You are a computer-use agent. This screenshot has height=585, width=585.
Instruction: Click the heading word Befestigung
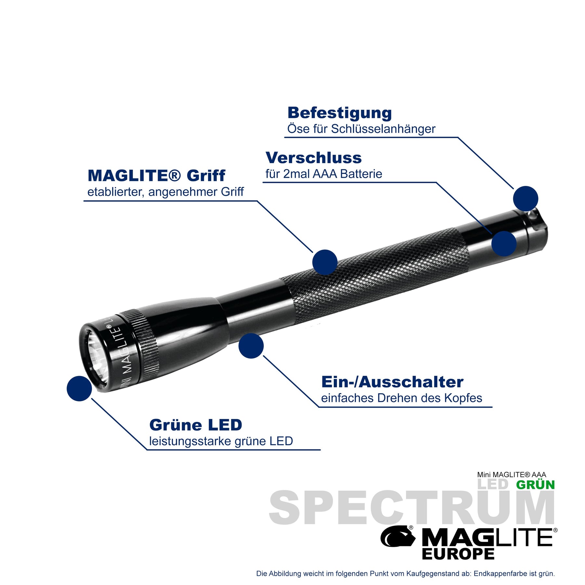(340, 113)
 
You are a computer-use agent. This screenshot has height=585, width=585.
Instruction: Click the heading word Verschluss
(314, 158)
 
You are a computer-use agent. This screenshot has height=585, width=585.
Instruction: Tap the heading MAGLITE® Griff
(156, 176)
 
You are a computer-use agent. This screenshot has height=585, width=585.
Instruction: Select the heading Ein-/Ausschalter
(392, 382)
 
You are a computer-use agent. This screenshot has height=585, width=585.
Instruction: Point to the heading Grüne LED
(196, 425)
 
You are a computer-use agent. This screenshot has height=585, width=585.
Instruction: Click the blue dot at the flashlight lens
(79, 388)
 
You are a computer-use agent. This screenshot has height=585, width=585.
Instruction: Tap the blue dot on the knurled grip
(325, 262)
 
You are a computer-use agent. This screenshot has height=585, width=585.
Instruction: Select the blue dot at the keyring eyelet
(526, 199)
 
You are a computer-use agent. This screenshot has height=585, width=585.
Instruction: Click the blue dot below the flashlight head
(251, 346)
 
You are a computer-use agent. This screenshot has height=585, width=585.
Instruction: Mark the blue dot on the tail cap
(504, 243)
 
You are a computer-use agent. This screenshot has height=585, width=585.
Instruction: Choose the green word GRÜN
(535, 485)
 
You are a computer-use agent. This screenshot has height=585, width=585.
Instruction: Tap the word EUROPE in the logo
(458, 554)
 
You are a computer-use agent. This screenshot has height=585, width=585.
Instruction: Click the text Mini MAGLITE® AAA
(512, 475)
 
